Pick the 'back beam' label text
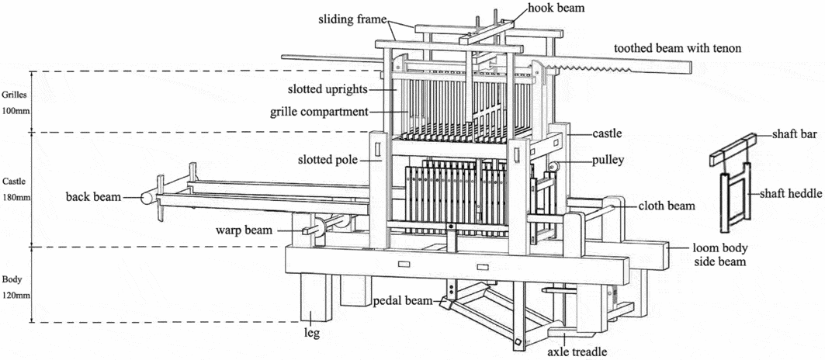(93, 197)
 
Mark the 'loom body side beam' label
(719, 255)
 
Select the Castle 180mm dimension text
(14, 189)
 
